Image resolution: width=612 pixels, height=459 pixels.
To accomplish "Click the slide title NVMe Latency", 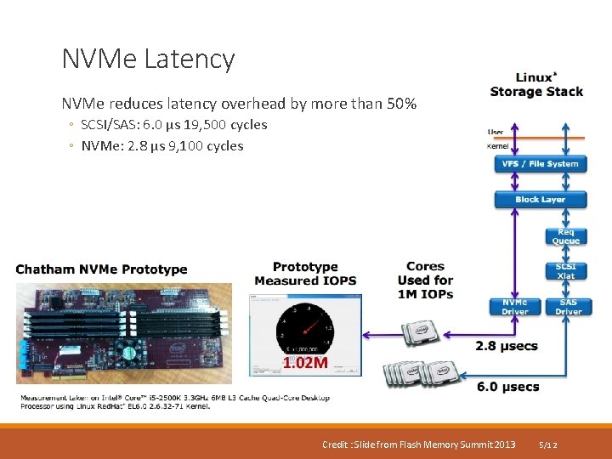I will click(148, 59).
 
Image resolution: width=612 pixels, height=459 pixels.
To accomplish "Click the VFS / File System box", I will click(540, 164).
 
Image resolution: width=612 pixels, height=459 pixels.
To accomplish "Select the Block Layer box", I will click(540, 200).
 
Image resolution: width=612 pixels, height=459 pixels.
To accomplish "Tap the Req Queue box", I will click(565, 236).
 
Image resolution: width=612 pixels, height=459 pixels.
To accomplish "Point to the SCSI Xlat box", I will click(565, 271).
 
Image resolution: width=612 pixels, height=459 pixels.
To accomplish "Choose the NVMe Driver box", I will click(514, 307).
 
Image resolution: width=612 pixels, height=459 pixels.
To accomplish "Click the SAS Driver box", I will click(568, 307).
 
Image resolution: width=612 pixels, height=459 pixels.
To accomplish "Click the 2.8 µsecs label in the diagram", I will click(507, 346).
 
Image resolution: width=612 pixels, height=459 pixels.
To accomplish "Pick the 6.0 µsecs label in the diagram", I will click(507, 387).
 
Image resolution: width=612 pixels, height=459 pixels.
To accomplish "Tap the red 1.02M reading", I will click(304, 364).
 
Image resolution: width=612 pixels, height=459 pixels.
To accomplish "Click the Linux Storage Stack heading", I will click(536, 85).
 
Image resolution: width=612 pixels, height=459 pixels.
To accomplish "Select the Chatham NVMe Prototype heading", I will click(101, 269).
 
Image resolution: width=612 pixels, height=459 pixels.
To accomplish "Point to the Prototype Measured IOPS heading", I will click(305, 274).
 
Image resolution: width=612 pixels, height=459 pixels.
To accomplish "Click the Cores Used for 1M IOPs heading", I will click(425, 280).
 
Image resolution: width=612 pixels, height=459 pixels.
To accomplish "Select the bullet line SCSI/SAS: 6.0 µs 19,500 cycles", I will click(173, 125).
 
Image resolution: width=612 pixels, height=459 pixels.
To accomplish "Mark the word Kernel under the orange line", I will click(497, 146).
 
